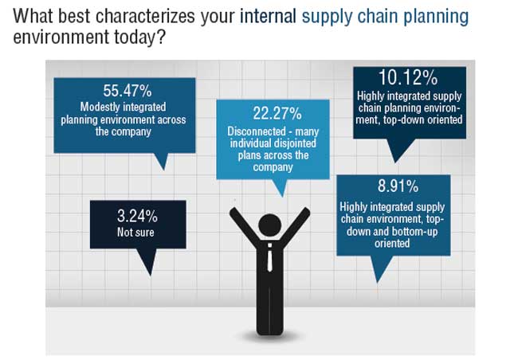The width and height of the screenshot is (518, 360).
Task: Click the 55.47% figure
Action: [128, 91]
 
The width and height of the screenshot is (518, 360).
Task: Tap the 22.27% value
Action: [277, 113]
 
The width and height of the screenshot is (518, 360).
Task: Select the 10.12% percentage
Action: [408, 77]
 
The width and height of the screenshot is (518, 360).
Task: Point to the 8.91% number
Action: [398, 186]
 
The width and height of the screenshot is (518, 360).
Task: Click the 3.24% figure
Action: [137, 217]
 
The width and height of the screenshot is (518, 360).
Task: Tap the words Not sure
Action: [135, 233]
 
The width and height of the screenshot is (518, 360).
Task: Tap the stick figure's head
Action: [270, 225]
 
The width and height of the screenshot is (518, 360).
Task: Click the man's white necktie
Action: [270, 258]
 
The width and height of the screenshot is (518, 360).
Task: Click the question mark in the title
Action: [160, 37]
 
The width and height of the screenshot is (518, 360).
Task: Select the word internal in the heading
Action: [268, 16]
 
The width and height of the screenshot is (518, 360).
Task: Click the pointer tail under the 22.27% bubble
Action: [281, 188]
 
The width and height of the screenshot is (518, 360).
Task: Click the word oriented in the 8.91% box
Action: [392, 244]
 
